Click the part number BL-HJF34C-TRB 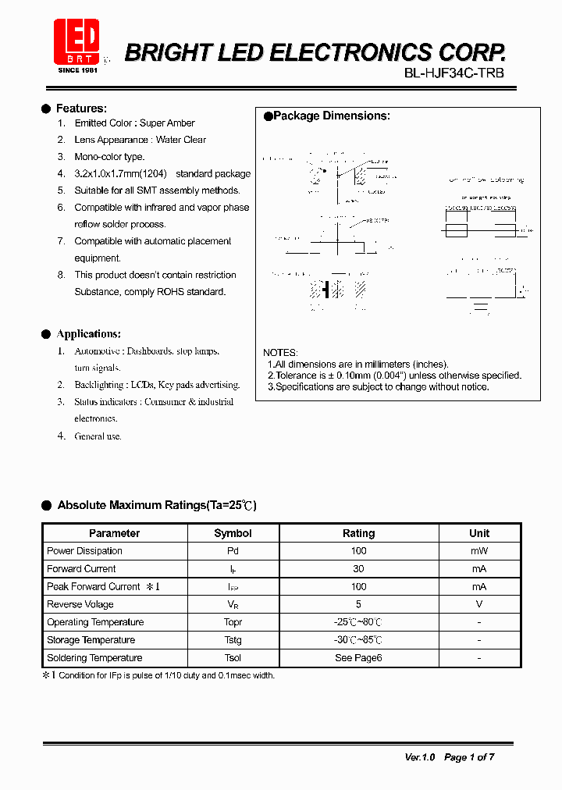454,73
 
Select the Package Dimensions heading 331,116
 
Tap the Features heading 81,109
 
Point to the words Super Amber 167,123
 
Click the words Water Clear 181,140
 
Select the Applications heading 88,334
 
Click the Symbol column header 233,533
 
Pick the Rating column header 358,533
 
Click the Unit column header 479,533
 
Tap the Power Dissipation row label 84,551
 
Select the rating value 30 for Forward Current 358,569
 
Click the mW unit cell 479,551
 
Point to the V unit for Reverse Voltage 479,604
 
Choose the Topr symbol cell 233,622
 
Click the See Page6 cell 358,658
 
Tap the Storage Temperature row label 91,640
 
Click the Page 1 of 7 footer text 469,757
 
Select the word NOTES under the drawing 280,353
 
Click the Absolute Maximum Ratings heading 157,505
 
